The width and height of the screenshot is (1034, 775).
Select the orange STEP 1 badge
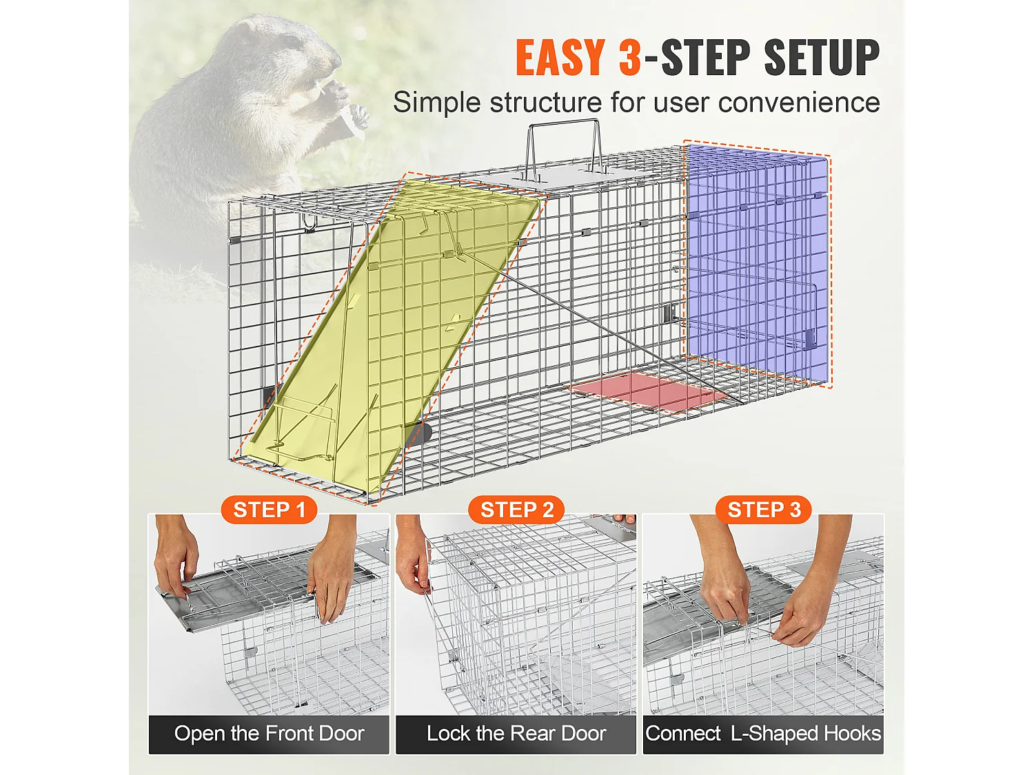[269, 510]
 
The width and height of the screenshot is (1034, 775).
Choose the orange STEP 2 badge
[516, 510]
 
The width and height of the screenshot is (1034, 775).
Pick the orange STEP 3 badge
[764, 510]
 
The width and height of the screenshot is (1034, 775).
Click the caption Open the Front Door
[269, 734]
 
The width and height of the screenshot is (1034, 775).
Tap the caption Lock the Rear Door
[516, 734]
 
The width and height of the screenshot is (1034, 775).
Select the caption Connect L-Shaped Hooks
[763, 734]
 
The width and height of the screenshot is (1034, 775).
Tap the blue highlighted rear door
[757, 262]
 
